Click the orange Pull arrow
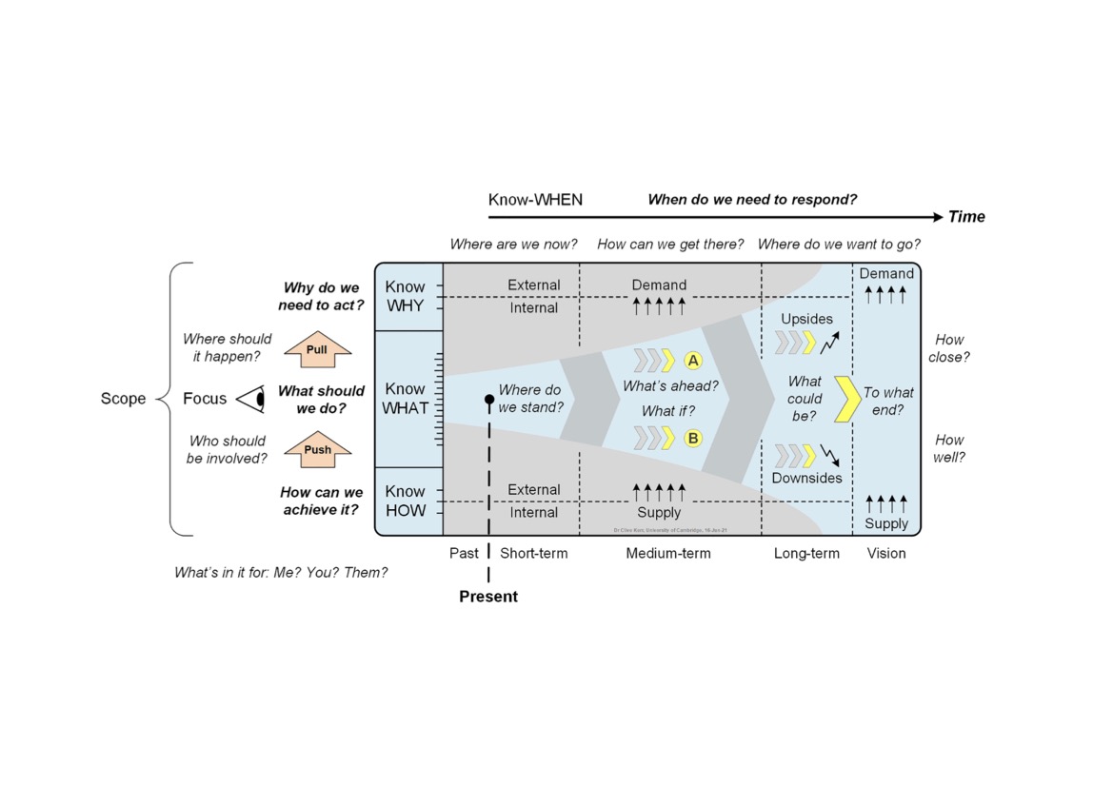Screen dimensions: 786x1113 click(318, 349)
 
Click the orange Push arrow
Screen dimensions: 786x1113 click(318, 449)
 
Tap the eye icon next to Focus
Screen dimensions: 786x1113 click(250, 399)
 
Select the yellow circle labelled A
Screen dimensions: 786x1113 click(693, 361)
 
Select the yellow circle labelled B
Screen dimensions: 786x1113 click(693, 438)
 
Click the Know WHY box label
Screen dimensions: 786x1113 click(406, 296)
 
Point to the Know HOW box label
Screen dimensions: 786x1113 click(406, 501)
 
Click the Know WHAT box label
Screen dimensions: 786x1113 click(406, 399)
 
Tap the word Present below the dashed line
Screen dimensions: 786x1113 click(488, 597)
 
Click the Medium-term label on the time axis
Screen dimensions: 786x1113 click(668, 553)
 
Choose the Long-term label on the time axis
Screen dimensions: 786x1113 click(806, 553)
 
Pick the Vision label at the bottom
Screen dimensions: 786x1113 click(886, 553)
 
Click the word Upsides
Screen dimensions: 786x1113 click(806, 319)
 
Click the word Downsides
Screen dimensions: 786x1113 click(806, 478)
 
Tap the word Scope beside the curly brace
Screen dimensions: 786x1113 click(123, 399)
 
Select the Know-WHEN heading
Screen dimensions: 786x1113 click(535, 200)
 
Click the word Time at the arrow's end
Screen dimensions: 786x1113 click(966, 217)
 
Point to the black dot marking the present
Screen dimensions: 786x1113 click(489, 399)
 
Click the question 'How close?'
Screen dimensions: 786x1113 click(949, 348)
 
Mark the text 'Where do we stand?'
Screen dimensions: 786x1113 click(531, 399)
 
